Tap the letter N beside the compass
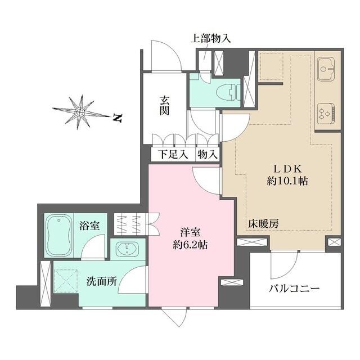tap(117, 118)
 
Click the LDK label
tap(289, 168)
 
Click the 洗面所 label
tap(101, 282)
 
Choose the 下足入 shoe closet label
tap(172, 154)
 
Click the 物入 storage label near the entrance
tap(206, 154)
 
